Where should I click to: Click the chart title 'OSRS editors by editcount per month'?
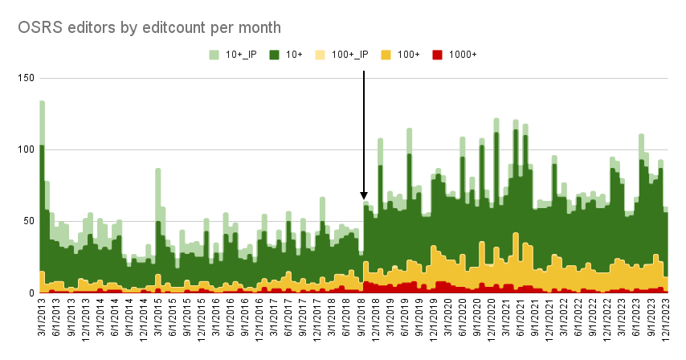[149, 27]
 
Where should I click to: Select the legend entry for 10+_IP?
[234, 55]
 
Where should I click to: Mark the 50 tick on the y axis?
[27, 221]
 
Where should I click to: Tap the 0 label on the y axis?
[30, 292]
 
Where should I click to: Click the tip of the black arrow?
[364, 198]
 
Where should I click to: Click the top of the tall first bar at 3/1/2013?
[42, 102]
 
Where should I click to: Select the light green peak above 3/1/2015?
[158, 170]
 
